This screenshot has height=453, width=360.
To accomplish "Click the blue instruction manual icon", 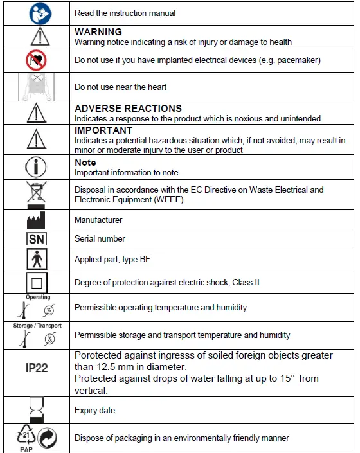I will click(35, 13).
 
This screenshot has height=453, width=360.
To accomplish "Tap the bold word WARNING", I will click(98, 31).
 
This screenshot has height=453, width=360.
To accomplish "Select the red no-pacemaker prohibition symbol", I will click(35, 60).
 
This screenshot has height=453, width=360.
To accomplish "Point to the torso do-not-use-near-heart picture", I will click(35, 87).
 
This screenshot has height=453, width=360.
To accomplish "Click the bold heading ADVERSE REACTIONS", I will click(128, 109).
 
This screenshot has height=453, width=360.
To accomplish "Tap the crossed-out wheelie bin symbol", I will click(35, 194).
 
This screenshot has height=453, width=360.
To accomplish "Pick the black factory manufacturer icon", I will click(35, 220).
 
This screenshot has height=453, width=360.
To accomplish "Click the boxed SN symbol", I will click(35, 239).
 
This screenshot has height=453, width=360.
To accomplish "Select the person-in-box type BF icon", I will click(35, 260).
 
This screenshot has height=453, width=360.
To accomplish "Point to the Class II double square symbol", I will click(35, 283).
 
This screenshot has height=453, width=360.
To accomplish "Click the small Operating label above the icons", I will click(38, 298).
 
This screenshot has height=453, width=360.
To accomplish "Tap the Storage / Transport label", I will click(38, 326).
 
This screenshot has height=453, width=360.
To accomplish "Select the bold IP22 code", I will click(37, 369).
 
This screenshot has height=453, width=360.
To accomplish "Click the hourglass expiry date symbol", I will click(35, 409).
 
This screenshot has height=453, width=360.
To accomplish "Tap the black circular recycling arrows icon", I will click(47, 438).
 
